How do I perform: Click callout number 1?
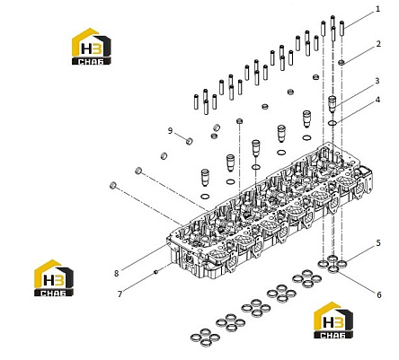[x=377, y=9]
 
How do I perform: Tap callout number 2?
[x=378, y=44]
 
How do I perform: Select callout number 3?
[x=377, y=81]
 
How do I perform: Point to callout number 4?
[x=377, y=100]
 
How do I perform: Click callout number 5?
[x=378, y=243]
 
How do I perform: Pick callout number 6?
[x=379, y=294]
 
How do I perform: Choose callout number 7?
[x=120, y=294]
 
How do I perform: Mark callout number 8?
[x=116, y=273]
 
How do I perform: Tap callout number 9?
[x=170, y=131]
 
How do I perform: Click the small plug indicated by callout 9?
[x=189, y=141]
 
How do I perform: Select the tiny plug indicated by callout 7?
[x=155, y=272]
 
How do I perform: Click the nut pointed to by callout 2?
[x=341, y=62]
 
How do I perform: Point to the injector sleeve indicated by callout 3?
[x=332, y=104]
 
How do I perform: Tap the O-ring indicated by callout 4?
[x=332, y=122]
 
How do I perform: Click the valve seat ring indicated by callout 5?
[x=341, y=264]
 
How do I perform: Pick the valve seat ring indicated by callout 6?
[x=332, y=269]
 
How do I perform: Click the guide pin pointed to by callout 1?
[x=342, y=28]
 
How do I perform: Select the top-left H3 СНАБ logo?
[x=92, y=47]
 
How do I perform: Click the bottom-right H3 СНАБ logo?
[x=333, y=320]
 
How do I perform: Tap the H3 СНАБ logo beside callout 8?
[x=54, y=278]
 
